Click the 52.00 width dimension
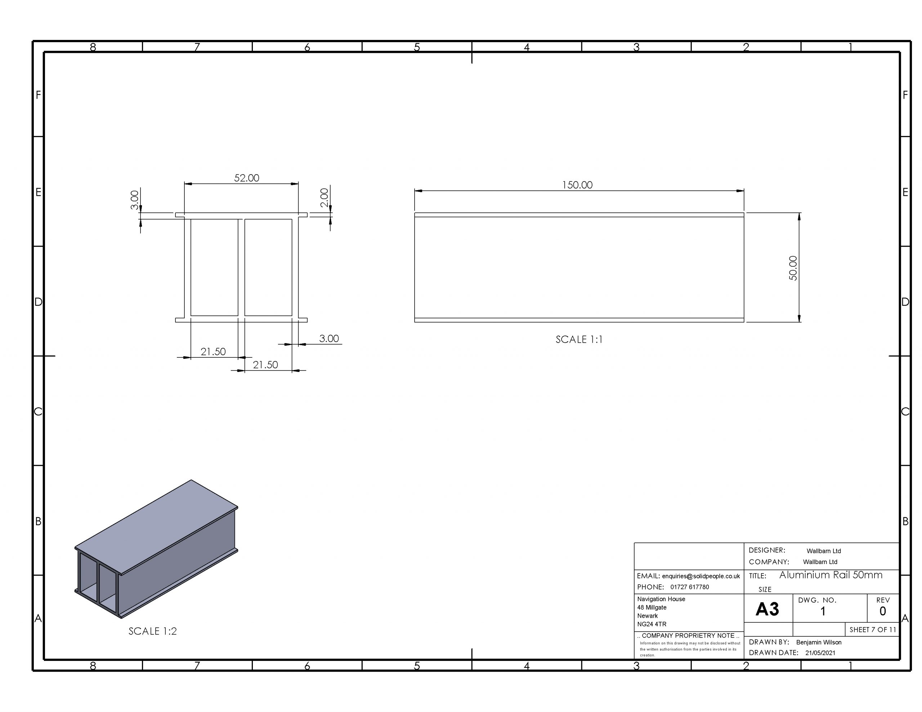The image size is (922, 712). point(247,178)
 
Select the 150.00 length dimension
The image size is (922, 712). point(577,185)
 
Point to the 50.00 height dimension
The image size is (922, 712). point(793,268)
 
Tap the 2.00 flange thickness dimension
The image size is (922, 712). point(324,198)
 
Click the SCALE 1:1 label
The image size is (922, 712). point(579,339)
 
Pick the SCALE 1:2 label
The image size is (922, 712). point(152,631)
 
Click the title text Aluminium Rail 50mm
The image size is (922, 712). point(831,575)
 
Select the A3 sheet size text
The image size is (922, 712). point(767,609)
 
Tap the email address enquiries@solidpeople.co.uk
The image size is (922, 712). point(701,576)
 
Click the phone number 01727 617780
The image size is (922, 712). point(689,587)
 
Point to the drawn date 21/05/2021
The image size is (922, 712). point(820,653)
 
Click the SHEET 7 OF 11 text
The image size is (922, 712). point(872,630)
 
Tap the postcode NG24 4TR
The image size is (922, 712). point(652,624)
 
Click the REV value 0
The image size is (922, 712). point(882,611)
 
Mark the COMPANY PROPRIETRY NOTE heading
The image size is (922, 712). point(688,636)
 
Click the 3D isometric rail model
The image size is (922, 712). point(156,549)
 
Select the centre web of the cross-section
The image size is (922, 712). point(241,267)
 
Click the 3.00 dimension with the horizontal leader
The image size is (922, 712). point(328,338)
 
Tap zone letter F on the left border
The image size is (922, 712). point(39,95)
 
